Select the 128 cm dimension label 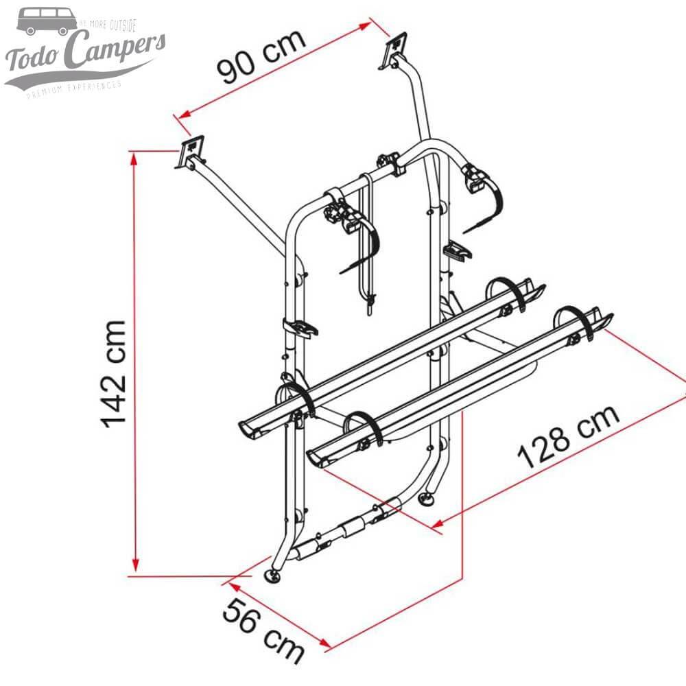[x=569, y=437]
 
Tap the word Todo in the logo [x=31, y=60]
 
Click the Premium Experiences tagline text [x=73, y=88]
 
